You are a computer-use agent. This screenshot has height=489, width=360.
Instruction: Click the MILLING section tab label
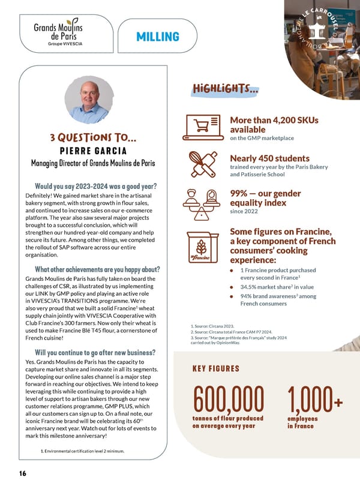tap(158, 37)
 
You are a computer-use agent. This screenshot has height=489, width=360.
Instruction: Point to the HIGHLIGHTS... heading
tap(226, 89)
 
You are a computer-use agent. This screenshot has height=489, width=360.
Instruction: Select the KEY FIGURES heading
tap(216, 369)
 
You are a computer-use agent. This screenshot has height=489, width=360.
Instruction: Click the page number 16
tap(22, 473)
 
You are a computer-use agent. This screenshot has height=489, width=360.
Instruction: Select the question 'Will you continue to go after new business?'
tap(96, 352)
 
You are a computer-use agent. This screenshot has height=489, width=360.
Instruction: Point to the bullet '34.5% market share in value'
tap(273, 287)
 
